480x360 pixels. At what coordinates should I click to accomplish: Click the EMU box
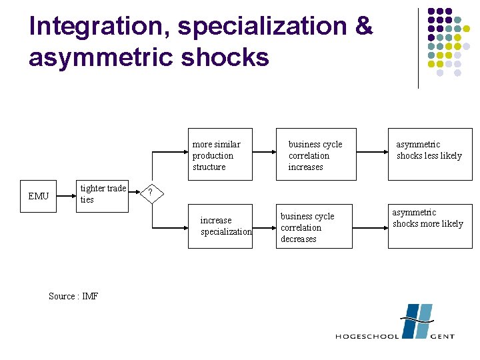(39, 196)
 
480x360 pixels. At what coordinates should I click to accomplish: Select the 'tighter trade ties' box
(101, 194)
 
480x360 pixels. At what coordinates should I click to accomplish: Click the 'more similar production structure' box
(220, 155)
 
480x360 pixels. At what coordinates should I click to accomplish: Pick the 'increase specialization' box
(220, 226)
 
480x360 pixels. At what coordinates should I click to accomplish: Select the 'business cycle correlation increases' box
(316, 155)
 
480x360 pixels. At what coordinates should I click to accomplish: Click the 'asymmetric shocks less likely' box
(429, 155)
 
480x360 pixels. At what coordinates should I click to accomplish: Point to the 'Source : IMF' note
(73, 296)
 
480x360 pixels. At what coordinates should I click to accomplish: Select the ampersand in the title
(364, 27)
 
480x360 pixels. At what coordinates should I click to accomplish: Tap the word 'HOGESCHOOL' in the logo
(367, 336)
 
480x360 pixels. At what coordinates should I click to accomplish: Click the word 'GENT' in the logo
(442, 336)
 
